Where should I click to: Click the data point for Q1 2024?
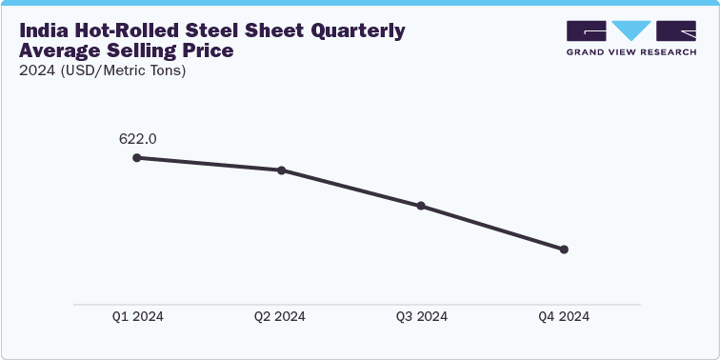(x=137, y=157)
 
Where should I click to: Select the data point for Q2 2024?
(x=281, y=170)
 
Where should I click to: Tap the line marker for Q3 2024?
(x=421, y=206)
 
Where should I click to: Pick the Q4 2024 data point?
(x=564, y=250)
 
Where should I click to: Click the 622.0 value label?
(x=137, y=138)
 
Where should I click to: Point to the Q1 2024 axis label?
(x=137, y=317)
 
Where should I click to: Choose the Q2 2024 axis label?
(x=280, y=317)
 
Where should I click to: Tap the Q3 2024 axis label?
(x=421, y=317)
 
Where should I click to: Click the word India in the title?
(x=44, y=31)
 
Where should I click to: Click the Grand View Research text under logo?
(x=631, y=51)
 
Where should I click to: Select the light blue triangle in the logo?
(x=631, y=30)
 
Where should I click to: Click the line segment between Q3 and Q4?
(x=492, y=228)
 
